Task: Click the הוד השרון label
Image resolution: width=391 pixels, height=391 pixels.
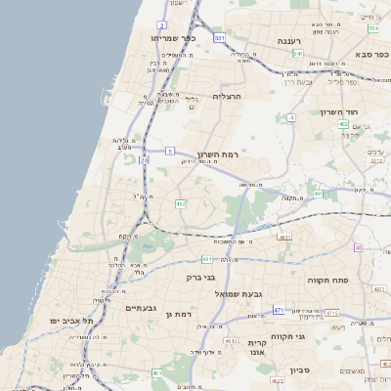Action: (339, 111)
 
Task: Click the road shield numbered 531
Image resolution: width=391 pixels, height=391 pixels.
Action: (220, 38)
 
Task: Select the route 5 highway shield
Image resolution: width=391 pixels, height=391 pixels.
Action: (169, 151)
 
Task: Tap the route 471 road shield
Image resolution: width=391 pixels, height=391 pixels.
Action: (278, 309)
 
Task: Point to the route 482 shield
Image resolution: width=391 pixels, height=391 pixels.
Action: (180, 203)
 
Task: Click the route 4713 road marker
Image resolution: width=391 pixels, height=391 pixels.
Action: (332, 313)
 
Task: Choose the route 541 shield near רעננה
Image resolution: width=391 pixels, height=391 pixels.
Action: (297, 54)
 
